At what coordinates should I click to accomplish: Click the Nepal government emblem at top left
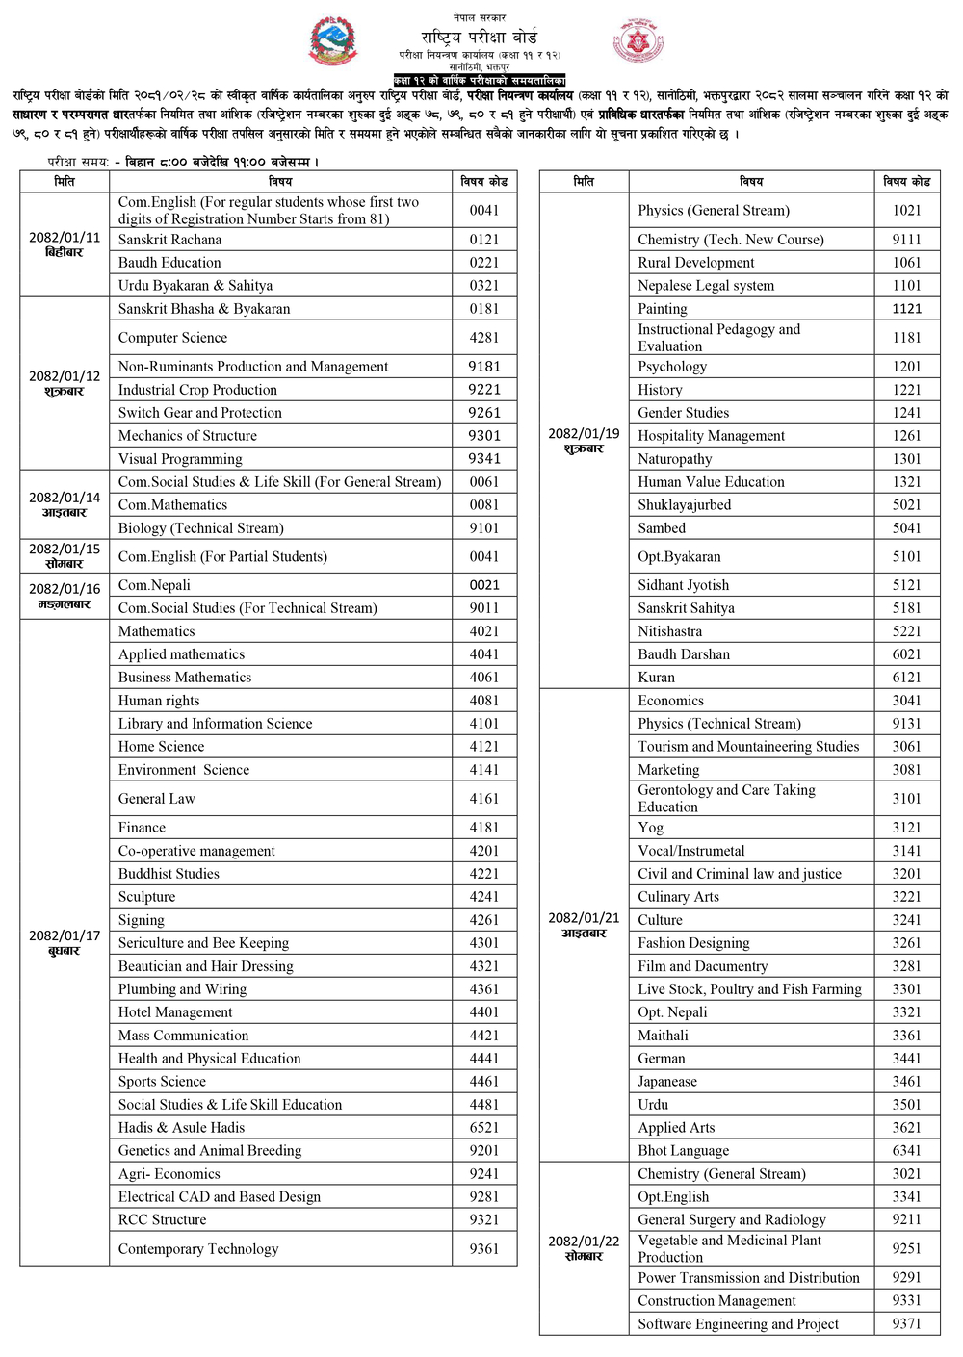pyautogui.click(x=332, y=41)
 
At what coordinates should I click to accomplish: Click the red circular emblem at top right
pyautogui.click(x=637, y=41)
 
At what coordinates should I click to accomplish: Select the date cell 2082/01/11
pyautogui.click(x=65, y=244)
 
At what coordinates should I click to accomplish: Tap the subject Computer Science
pyautogui.click(x=173, y=338)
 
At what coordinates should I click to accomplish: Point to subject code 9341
pyautogui.click(x=484, y=459)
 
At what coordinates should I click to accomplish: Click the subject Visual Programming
pyautogui.click(x=180, y=459)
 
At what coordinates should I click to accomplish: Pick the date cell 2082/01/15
pyautogui.click(x=65, y=556)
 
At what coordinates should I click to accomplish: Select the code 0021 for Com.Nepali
pyautogui.click(x=484, y=585)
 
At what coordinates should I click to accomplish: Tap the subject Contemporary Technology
pyautogui.click(x=198, y=1249)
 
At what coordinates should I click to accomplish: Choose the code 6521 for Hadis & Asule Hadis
pyautogui.click(x=484, y=1128)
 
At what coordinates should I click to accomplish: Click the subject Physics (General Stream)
pyautogui.click(x=714, y=211)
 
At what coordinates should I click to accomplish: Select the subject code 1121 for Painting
pyautogui.click(x=906, y=309)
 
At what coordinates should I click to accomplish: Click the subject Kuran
pyautogui.click(x=657, y=678)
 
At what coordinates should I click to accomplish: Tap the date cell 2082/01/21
pyautogui.click(x=584, y=925)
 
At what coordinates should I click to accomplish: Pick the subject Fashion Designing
pyautogui.click(x=693, y=943)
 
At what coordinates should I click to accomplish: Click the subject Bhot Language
pyautogui.click(x=683, y=1151)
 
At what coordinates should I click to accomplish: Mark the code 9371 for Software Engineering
pyautogui.click(x=906, y=1324)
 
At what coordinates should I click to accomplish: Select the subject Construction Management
pyautogui.click(x=716, y=1301)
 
